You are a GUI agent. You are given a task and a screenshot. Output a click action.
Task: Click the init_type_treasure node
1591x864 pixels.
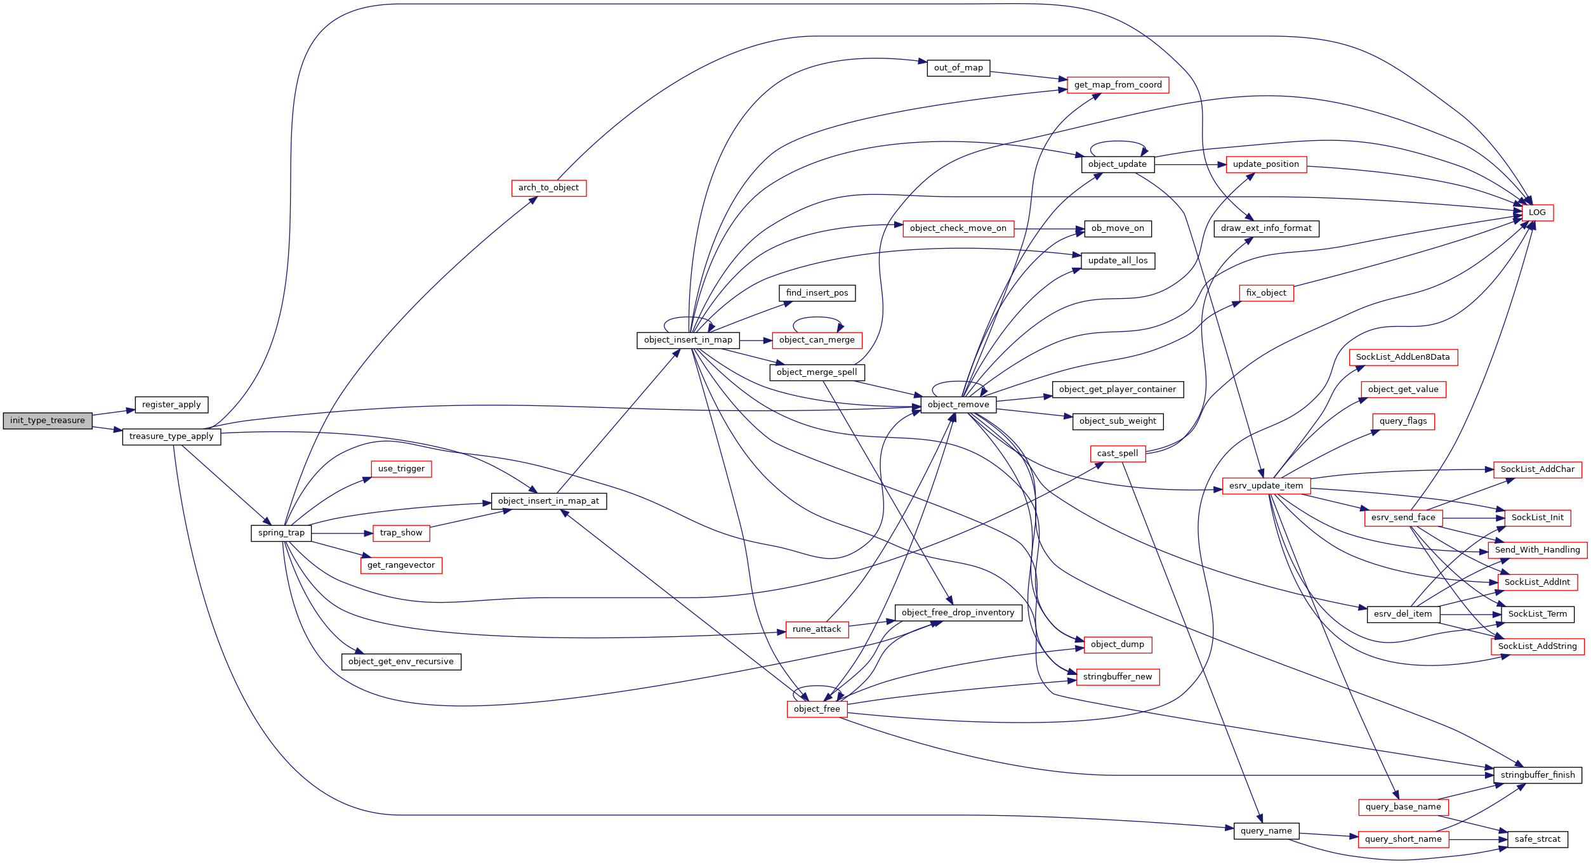pyautogui.click(x=48, y=421)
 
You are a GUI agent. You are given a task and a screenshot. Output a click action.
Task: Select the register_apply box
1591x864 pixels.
pyautogui.click(x=171, y=405)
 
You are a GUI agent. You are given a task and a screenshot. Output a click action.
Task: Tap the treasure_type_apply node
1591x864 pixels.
pyautogui.click(x=171, y=436)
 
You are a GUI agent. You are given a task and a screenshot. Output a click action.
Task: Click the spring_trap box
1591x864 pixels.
pyautogui.click(x=281, y=533)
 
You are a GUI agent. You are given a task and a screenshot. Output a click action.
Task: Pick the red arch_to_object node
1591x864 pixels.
pyautogui.click(x=549, y=188)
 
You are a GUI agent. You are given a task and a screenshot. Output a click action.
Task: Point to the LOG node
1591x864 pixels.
pyautogui.click(x=1537, y=213)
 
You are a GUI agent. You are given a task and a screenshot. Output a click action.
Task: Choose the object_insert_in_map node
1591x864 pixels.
pyautogui.click(x=688, y=340)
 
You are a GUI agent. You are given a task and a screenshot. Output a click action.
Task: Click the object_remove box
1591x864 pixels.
pyautogui.click(x=958, y=405)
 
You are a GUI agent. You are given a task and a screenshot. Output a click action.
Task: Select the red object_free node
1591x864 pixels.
pyautogui.click(x=817, y=709)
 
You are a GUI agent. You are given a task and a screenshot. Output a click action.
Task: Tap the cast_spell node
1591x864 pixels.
pyautogui.click(x=1118, y=454)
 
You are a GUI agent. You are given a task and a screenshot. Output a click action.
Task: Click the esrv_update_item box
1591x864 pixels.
pyautogui.click(x=1266, y=486)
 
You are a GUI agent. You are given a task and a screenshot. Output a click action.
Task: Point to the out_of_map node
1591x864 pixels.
pyautogui.click(x=958, y=68)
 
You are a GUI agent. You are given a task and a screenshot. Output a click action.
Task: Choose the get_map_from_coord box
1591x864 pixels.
pyautogui.click(x=1118, y=85)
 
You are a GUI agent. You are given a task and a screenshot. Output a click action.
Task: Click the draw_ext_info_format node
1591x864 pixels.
pyautogui.click(x=1266, y=228)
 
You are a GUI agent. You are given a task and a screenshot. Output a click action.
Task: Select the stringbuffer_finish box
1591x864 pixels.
pyautogui.click(x=1538, y=775)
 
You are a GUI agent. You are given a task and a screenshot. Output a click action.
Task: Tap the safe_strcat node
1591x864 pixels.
pyautogui.click(x=1537, y=839)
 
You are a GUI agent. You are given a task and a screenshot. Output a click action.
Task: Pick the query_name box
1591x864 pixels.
pyautogui.click(x=1266, y=831)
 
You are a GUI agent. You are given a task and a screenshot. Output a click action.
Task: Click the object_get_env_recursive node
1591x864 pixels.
pyautogui.click(x=401, y=662)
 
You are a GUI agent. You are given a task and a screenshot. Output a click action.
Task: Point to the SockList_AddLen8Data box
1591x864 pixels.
pyautogui.click(x=1403, y=357)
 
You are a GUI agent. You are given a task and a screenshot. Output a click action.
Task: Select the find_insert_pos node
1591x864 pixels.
pyautogui.click(x=817, y=293)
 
